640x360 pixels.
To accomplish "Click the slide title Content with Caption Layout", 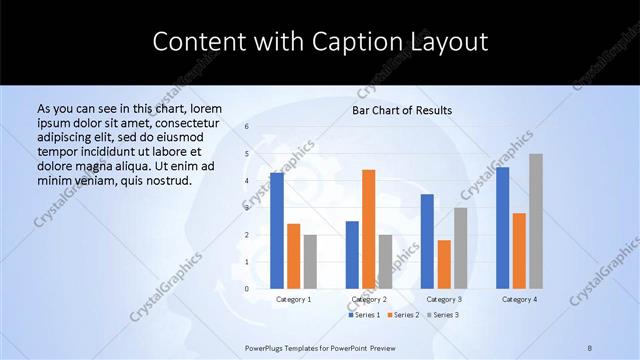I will click(320, 42).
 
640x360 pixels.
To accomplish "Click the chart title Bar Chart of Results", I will click(401, 110).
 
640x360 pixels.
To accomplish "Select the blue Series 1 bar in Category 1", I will click(277, 230).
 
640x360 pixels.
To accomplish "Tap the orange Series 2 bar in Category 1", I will click(293, 256).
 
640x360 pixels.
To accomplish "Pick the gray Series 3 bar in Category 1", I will click(310, 261).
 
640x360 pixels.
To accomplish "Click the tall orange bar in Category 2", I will click(368, 229).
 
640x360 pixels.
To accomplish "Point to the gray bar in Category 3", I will click(460, 247).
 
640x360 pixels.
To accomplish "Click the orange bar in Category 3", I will click(444, 264).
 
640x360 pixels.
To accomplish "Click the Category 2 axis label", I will click(369, 299).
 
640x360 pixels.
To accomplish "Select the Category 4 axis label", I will click(519, 299).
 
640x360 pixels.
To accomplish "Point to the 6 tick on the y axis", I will click(247, 127).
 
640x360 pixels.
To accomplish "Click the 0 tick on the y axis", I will click(247, 289).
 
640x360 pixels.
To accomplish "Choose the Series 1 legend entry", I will click(364, 315).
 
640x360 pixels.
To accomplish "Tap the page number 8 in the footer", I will click(590, 347).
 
